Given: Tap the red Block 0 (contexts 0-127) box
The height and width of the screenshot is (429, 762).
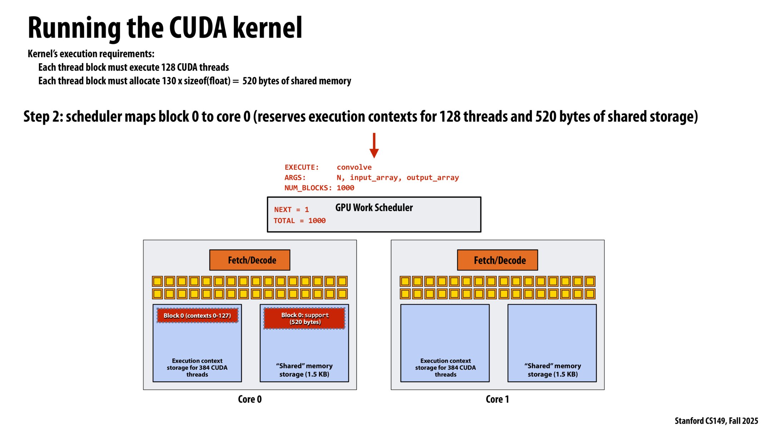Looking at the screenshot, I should click(x=197, y=316).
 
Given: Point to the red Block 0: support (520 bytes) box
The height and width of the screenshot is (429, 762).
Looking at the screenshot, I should click(x=304, y=318).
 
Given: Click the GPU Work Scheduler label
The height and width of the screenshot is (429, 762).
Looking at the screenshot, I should click(x=374, y=208).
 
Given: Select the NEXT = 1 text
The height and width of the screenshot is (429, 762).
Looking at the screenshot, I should click(x=291, y=210).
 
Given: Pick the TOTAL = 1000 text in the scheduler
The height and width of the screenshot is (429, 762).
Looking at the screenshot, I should click(x=299, y=221).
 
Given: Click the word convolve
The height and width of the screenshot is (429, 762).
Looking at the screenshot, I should click(x=354, y=167).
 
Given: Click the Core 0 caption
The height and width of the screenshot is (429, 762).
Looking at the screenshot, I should click(x=250, y=399).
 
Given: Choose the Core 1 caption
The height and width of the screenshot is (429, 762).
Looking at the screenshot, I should click(x=497, y=399).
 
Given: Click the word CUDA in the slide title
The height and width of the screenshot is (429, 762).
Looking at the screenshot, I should click(x=198, y=28).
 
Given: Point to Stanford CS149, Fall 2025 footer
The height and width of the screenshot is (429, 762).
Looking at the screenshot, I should click(x=716, y=421).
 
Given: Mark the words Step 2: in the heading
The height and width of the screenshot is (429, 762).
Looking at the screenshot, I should click(x=43, y=117).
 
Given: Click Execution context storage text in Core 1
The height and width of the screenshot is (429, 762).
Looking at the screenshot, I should click(x=445, y=368).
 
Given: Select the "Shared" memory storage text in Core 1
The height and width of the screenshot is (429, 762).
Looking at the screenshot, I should click(x=552, y=370).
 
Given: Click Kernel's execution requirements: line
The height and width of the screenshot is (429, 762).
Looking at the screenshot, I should click(x=91, y=54).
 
